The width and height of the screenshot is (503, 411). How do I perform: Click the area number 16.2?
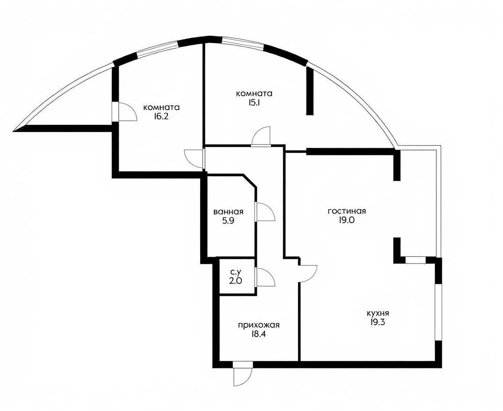161,116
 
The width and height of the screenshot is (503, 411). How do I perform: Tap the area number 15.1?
254,103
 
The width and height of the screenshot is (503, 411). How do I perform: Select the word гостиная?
347,211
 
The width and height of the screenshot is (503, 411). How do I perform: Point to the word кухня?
378,313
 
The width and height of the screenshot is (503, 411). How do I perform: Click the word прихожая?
259,325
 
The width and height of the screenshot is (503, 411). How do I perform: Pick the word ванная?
228,212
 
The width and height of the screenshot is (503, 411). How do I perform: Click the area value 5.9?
228,221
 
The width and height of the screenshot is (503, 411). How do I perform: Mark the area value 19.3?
378,322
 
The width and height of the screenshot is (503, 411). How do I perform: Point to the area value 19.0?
347,221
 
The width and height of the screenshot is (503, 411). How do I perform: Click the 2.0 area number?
236,281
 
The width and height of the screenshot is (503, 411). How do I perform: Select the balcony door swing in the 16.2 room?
128,112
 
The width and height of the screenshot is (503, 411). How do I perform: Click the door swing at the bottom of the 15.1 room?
261,136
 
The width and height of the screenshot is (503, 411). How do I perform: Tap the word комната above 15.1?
254,94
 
